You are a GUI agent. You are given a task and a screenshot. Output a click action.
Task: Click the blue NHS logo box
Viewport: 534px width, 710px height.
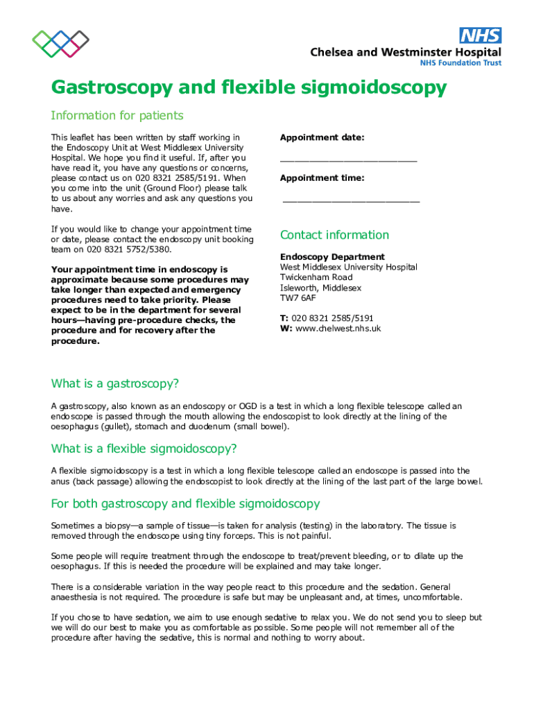pyautogui.click(x=480, y=35)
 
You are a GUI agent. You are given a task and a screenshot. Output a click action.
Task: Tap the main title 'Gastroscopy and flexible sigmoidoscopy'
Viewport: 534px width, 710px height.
pyautogui.click(x=248, y=88)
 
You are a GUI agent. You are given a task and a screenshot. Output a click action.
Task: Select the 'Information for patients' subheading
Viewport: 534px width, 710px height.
pyautogui.click(x=117, y=115)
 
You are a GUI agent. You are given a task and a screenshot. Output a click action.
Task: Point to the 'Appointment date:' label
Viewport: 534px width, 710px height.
pyautogui.click(x=322, y=137)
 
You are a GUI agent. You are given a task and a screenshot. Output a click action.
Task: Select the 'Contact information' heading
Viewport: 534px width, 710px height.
pyautogui.click(x=334, y=234)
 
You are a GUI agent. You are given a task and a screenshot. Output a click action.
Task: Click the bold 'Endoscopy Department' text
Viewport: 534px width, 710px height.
pyautogui.click(x=332, y=257)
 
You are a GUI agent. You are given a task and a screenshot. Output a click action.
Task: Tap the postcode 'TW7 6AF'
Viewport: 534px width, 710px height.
pyautogui.click(x=298, y=297)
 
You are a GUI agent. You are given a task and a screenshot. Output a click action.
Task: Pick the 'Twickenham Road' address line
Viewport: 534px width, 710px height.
pyautogui.click(x=316, y=277)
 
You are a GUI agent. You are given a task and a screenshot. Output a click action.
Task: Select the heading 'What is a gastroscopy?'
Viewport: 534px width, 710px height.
pyautogui.click(x=115, y=384)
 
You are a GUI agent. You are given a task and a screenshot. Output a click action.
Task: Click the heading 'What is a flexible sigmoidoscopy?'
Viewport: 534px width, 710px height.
pyautogui.click(x=144, y=448)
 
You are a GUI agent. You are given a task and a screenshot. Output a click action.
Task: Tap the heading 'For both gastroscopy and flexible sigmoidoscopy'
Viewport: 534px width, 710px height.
pyautogui.click(x=185, y=503)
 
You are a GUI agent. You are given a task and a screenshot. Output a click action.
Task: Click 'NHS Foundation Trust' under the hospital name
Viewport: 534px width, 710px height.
pyautogui.click(x=460, y=63)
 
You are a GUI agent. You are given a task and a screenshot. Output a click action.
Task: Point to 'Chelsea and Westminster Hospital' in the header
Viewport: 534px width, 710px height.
pyautogui.click(x=405, y=52)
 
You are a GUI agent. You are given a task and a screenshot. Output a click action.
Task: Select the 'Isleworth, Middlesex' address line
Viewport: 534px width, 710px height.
pyautogui.click(x=321, y=288)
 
